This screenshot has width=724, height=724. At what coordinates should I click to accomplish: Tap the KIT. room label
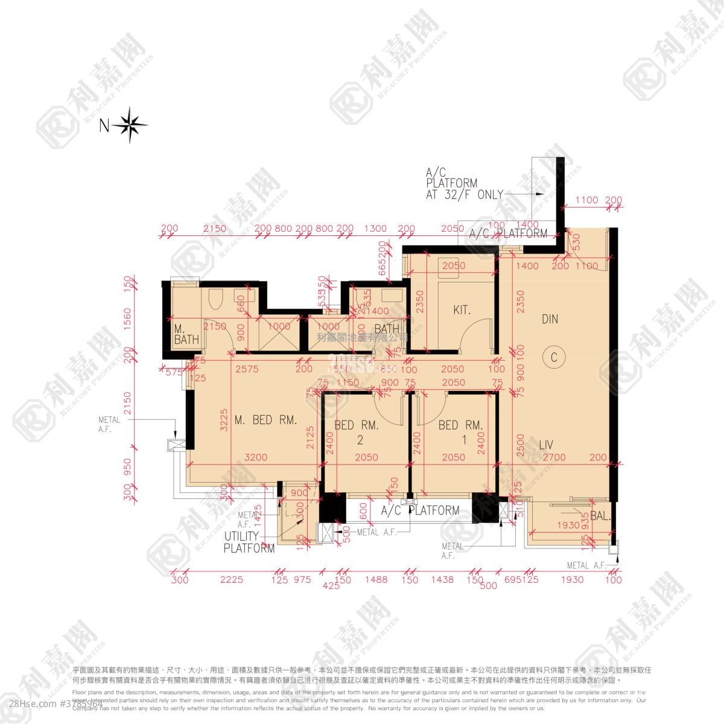pos(462,311)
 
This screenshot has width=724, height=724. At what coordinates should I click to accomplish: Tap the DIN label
pos(550,319)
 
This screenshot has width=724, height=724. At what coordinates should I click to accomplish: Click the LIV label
pos(546,445)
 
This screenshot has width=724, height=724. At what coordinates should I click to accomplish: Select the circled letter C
pos(554,357)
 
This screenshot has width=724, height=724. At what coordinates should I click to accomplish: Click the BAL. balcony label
pos(600,516)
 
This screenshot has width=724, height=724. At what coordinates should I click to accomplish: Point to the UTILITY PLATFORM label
pos(249,542)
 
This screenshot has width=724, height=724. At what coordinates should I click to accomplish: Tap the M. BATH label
pos(186,334)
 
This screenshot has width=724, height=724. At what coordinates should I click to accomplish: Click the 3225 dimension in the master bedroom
pos(224,419)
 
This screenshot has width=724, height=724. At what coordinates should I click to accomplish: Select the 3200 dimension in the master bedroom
pos(256,457)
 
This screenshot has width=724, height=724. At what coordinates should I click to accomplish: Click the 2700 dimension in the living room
pos(554,457)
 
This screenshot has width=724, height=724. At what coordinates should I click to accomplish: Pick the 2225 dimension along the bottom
pos(232,580)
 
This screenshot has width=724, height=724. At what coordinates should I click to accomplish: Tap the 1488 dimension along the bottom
pos(376,580)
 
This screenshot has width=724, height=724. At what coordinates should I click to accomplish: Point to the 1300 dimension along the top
pos(375,229)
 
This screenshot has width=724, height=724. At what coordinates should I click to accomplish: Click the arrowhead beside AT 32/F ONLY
pos(539,195)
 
